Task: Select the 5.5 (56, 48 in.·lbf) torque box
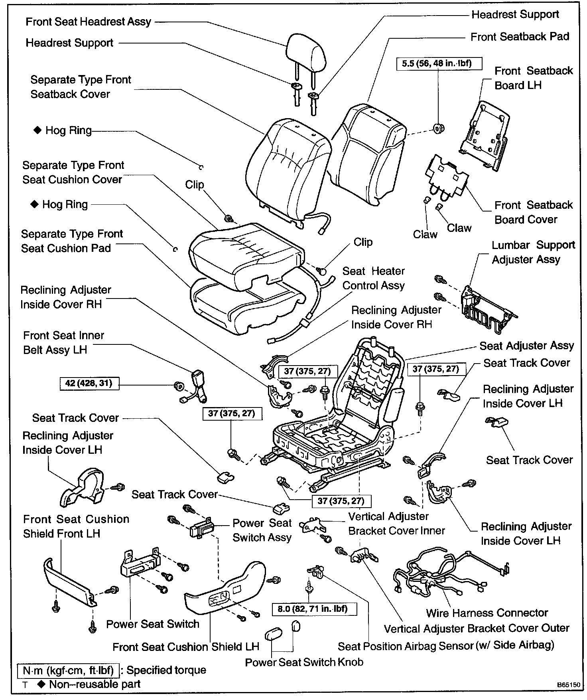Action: coord(439,63)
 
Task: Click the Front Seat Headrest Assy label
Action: coord(88,22)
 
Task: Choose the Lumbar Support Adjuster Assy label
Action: coord(533,252)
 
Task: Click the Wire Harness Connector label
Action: coord(487,613)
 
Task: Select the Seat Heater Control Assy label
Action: coord(373,278)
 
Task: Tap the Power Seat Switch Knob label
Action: coord(304,662)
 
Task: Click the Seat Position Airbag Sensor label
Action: coord(446,645)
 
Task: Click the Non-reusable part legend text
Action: coord(95,684)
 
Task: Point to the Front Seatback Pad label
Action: coord(520,37)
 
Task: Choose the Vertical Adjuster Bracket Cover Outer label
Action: coord(477,629)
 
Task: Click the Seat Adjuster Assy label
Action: coord(526,346)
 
